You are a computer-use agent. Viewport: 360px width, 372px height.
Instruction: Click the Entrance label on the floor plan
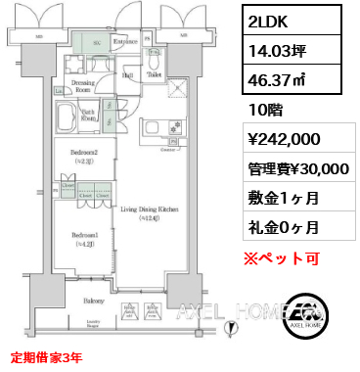(x=125, y=42)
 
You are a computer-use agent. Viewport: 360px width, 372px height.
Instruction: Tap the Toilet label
(x=153, y=73)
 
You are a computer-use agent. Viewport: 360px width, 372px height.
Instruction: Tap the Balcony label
(x=94, y=300)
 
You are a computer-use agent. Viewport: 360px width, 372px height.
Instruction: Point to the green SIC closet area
(x=95, y=44)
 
